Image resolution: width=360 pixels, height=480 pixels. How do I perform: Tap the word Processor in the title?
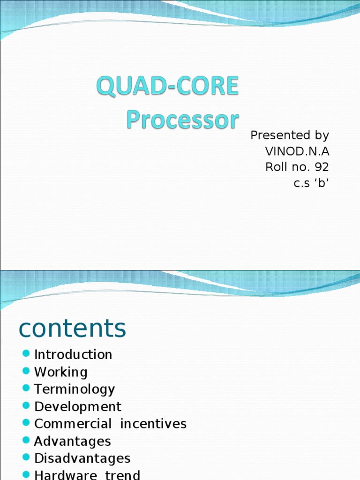click(x=182, y=120)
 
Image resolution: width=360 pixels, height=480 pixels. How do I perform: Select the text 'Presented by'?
click(x=290, y=135)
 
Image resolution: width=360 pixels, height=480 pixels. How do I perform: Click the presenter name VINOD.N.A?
click(x=297, y=151)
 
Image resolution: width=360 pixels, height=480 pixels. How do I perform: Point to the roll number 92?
click(x=322, y=167)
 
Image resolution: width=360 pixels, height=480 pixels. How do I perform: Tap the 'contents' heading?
click(x=72, y=328)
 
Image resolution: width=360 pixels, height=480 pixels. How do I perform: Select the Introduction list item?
click(x=73, y=354)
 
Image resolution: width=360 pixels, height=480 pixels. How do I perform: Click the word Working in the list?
click(x=61, y=372)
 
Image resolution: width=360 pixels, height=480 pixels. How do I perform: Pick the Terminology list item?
click(x=75, y=389)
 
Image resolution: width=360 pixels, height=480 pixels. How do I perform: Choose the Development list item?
click(x=78, y=406)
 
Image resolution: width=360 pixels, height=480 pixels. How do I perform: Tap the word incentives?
click(x=153, y=424)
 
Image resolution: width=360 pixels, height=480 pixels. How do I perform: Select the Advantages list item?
click(x=73, y=441)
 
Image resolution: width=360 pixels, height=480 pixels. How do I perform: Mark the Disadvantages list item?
click(x=82, y=458)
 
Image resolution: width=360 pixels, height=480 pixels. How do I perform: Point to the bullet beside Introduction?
click(x=26, y=353)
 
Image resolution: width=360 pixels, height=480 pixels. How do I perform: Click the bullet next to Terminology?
click(x=26, y=388)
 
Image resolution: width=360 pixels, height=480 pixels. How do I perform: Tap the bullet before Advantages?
click(x=26, y=440)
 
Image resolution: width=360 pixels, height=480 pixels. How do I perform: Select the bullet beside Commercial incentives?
click(x=26, y=422)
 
